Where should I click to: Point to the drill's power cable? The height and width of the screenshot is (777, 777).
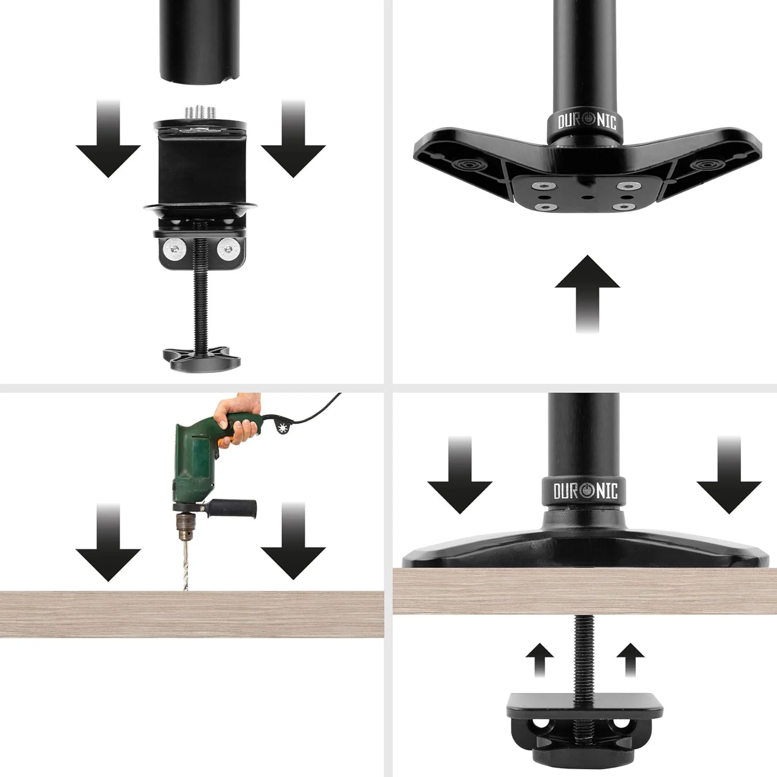coord(311,412)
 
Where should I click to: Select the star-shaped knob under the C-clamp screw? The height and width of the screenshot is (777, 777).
coord(202,358)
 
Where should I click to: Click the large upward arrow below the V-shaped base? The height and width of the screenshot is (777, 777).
coord(587,293)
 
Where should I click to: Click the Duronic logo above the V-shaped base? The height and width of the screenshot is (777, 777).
coord(587,122)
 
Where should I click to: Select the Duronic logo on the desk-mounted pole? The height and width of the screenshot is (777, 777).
coord(585,491)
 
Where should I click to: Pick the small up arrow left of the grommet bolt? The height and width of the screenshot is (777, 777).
coord(540,659)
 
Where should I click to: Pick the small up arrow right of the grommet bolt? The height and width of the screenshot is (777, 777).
coord(630,659)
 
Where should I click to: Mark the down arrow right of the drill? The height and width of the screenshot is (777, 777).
coord(293,542)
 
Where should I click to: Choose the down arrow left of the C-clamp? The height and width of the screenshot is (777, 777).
coord(108,139)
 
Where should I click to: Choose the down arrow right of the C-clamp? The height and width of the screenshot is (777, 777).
coord(293,139)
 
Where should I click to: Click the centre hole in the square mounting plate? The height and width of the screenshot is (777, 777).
coord(586,197)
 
